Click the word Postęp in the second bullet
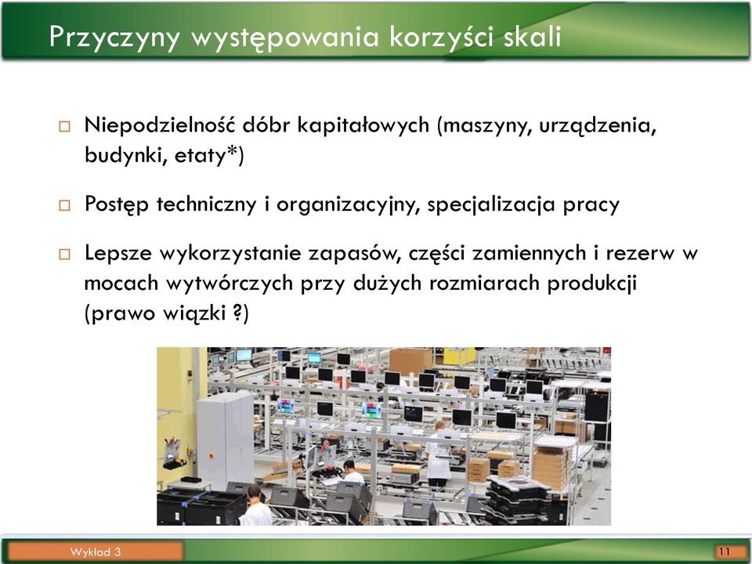click(117, 204)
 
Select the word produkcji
click(592, 284)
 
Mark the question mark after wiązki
click(237, 313)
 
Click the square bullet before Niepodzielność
click(64, 127)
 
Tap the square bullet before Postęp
click(64, 206)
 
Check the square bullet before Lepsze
click(64, 254)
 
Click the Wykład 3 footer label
click(95, 552)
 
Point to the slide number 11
click(724, 551)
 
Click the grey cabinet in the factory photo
click(226, 439)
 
